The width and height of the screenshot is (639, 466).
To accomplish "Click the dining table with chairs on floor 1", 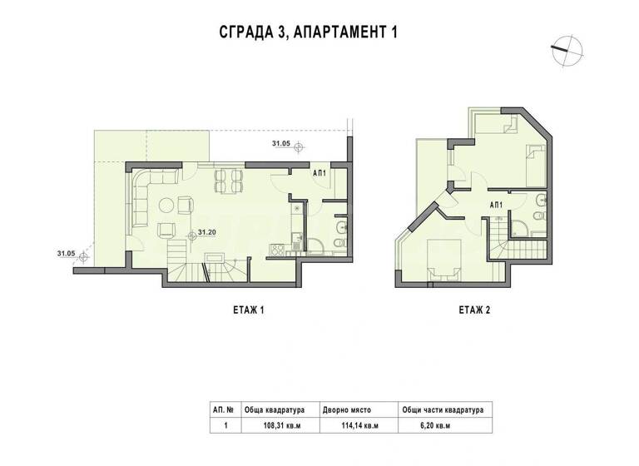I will [x=227, y=181].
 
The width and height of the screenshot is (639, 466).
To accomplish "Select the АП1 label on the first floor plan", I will [x=319, y=173].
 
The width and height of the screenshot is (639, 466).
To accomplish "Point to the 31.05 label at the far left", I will [x=67, y=252].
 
